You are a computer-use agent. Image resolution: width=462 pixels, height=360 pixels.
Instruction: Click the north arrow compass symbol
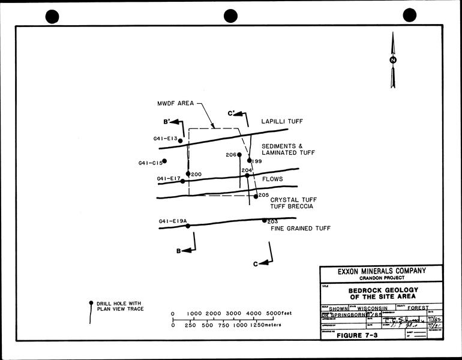click(392, 60)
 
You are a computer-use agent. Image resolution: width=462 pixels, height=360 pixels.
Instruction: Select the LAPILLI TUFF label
click(282, 121)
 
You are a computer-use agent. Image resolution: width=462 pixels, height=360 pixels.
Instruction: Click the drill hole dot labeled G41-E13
click(180, 141)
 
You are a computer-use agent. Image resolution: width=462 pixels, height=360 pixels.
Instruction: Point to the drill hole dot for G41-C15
click(164, 161)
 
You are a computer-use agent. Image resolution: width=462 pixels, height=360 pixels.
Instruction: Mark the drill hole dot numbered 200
click(188, 174)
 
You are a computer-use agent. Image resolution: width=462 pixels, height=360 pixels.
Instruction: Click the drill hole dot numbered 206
click(239, 155)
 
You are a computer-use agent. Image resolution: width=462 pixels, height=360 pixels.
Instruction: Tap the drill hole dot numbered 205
click(256, 196)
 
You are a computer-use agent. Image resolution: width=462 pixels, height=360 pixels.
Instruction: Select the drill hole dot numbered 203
click(265, 220)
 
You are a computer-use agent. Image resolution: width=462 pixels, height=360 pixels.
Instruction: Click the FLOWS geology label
click(272, 179)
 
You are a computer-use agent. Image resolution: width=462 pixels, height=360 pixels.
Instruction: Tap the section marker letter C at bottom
click(256, 263)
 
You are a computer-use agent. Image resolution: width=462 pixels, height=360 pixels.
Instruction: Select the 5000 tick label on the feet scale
click(273, 314)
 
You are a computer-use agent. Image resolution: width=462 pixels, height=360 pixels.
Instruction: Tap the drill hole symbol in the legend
click(91, 303)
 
